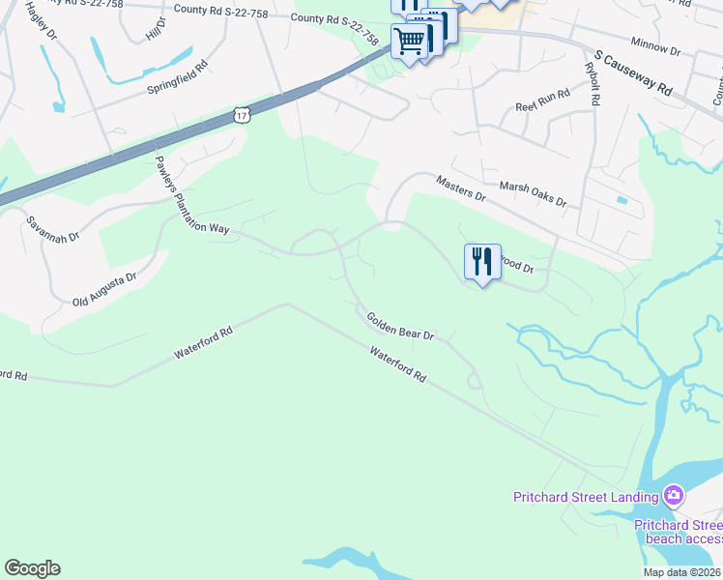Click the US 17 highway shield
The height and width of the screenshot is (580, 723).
tap(241, 116)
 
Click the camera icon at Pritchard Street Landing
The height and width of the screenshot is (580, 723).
tap(674, 497)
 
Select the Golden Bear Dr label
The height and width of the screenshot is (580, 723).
tap(400, 326)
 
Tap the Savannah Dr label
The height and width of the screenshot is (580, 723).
tap(52, 229)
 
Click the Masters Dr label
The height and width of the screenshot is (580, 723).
tap(460, 188)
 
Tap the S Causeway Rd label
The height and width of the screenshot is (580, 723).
tap(633, 73)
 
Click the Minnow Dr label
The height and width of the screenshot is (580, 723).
tap(655, 47)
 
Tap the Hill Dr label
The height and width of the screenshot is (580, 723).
tap(152, 29)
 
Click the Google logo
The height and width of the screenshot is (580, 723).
tap(32, 568)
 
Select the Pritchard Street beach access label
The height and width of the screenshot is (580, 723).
tap(678, 532)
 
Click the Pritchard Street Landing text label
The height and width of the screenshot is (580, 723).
tap(585, 498)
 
